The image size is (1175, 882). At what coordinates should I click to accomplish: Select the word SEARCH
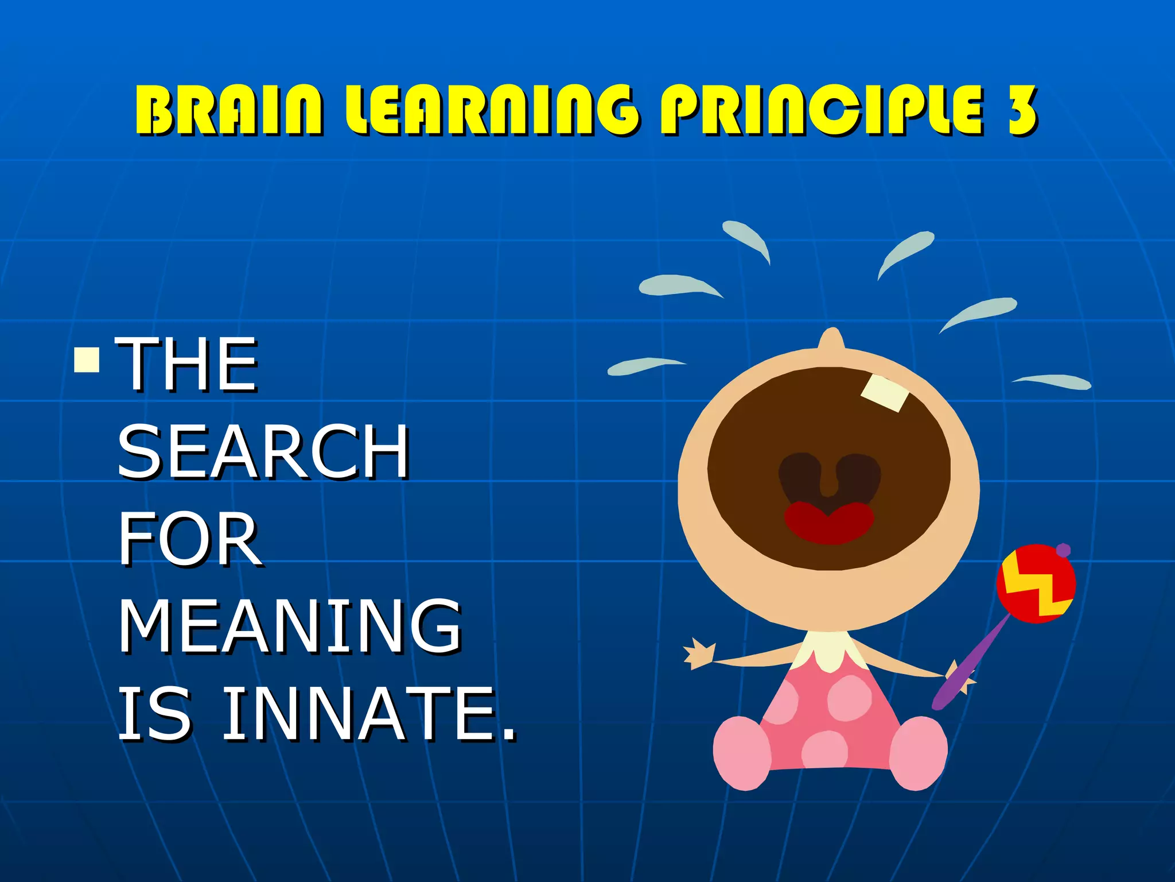point(263,452)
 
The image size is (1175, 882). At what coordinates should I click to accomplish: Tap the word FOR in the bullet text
point(190,540)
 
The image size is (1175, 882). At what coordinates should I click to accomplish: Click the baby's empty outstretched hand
point(699,655)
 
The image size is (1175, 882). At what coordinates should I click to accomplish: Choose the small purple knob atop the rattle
point(1063,550)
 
